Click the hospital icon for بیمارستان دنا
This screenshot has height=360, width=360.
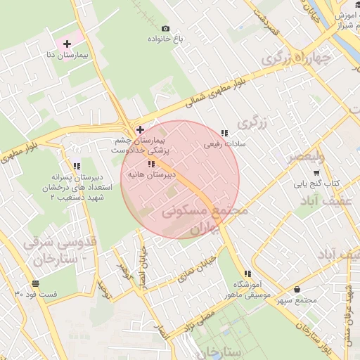[x=67, y=44]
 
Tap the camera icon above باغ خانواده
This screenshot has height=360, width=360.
[x=165, y=28]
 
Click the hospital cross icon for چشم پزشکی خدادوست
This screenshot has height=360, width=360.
[x=141, y=129]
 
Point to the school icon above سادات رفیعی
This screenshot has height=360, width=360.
[x=224, y=133]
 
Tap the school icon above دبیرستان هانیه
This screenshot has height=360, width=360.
[x=151, y=164]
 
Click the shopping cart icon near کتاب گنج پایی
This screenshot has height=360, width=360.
[x=316, y=172]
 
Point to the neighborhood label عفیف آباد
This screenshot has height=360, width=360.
[x=328, y=202]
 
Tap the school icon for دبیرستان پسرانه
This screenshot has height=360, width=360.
[x=76, y=167]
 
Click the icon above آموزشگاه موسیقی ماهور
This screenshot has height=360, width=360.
[x=247, y=274]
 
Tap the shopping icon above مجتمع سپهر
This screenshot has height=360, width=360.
[x=297, y=289]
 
